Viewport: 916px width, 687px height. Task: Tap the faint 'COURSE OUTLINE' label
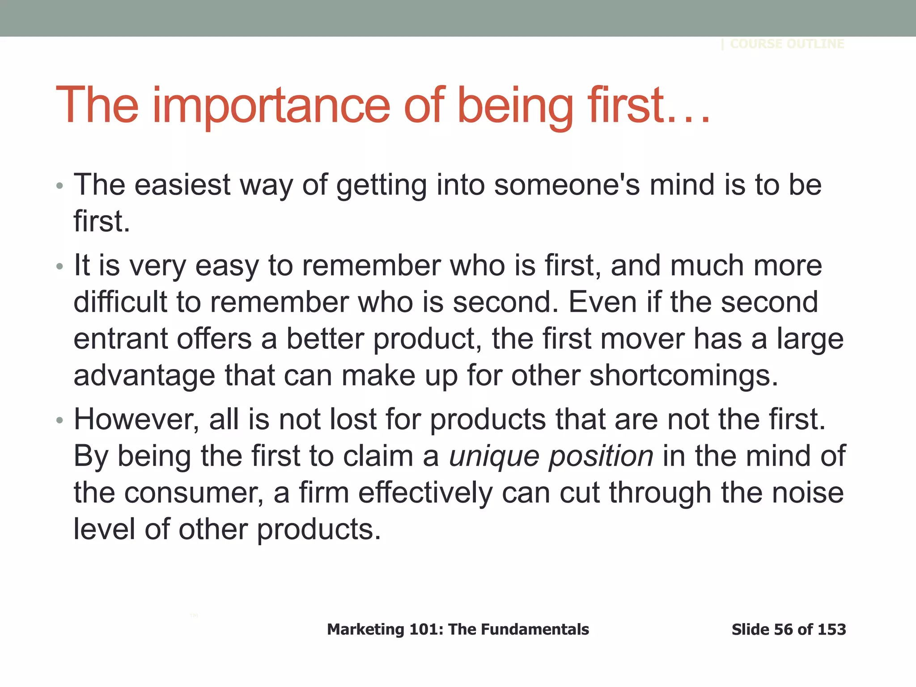[787, 44]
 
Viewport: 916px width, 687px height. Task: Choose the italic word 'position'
[601, 457]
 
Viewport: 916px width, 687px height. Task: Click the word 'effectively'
[425, 493]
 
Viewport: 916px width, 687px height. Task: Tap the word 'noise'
[808, 493]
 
